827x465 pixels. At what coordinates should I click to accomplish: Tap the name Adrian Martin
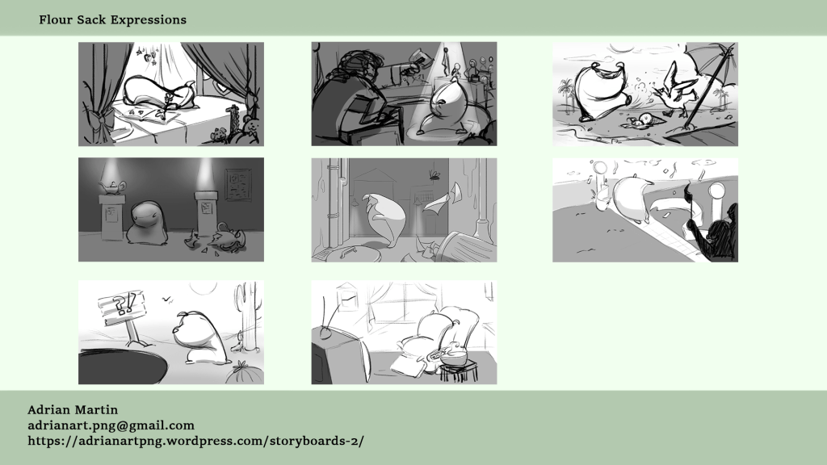point(73,409)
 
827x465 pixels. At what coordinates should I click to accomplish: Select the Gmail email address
point(111,425)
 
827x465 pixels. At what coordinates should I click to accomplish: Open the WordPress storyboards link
point(195,441)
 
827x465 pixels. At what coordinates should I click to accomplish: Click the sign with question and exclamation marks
point(122,308)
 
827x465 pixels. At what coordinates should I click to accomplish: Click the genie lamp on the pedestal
point(112,186)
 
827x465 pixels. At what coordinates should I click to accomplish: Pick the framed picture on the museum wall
point(238,184)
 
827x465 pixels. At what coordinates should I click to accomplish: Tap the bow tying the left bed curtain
point(99,121)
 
